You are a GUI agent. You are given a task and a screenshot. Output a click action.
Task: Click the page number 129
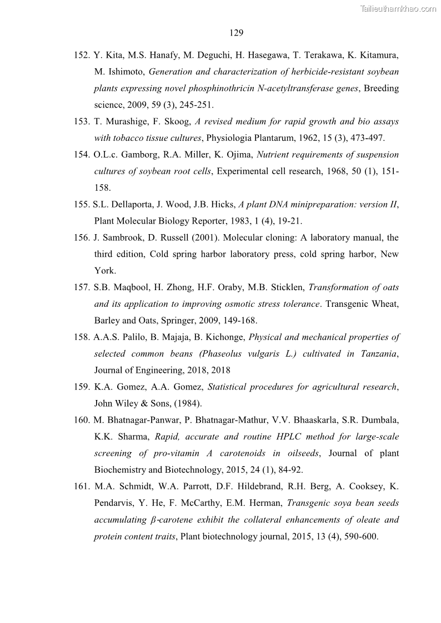coord(236,33)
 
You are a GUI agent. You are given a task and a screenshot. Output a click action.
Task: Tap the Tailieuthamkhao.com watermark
coord(399,8)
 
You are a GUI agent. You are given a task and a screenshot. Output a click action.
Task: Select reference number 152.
coord(82,55)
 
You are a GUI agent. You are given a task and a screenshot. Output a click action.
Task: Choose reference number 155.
coord(82,204)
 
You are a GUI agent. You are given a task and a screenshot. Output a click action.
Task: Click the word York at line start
coord(104,271)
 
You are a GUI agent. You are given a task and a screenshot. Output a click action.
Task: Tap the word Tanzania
coord(378,353)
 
